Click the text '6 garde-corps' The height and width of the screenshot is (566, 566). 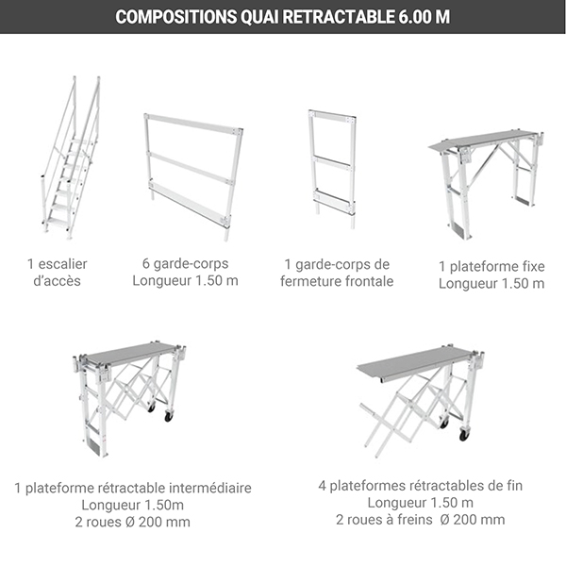click(x=178, y=264)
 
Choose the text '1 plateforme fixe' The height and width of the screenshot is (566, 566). click(x=491, y=265)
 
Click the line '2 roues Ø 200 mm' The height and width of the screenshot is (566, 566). click(x=133, y=522)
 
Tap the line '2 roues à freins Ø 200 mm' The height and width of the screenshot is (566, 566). click(x=420, y=520)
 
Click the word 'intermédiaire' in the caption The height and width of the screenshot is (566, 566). click(x=208, y=488)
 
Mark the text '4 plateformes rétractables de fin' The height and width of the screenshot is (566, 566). click(x=420, y=486)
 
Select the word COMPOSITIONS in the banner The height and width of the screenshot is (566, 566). click(x=174, y=16)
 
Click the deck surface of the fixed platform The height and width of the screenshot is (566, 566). click(x=485, y=141)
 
